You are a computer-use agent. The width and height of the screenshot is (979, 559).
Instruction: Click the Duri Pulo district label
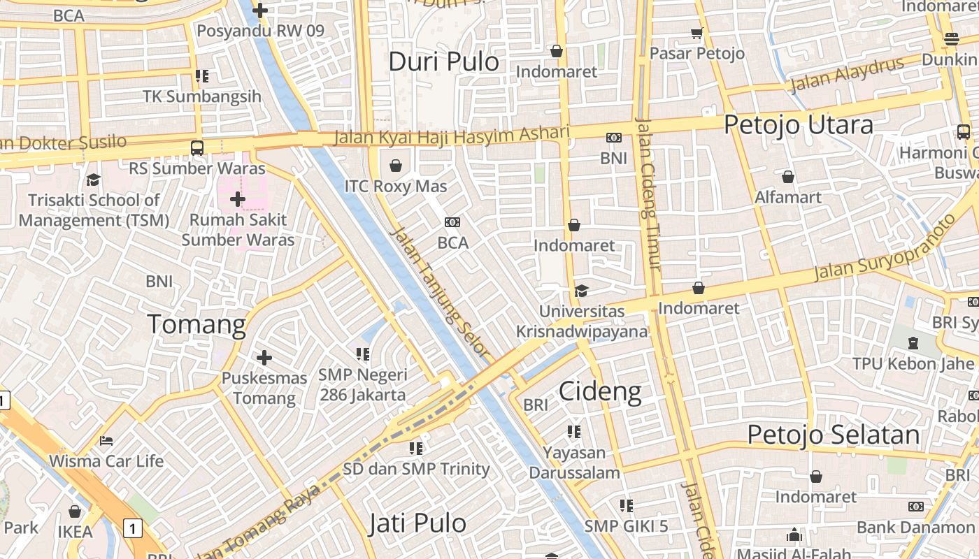tap(443, 61)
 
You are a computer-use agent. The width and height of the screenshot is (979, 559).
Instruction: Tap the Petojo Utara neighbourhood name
tap(798, 125)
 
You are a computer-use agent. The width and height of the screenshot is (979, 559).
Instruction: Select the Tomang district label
tap(196, 325)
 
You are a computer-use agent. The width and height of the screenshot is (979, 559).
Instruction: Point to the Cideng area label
tap(600, 392)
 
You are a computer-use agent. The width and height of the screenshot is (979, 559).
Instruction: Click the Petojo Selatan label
tap(834, 435)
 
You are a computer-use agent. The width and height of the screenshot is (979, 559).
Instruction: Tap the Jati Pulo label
tap(417, 523)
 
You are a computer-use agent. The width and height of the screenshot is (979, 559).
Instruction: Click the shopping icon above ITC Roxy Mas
tap(396, 166)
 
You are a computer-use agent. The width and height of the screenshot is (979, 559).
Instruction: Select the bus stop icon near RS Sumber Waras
tap(197, 147)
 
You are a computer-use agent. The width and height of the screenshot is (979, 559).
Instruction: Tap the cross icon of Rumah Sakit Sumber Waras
tap(238, 199)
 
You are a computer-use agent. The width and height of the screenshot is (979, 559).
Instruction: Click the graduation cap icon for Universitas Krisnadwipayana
tap(581, 291)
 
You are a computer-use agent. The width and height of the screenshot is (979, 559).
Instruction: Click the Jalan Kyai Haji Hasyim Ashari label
tap(452, 135)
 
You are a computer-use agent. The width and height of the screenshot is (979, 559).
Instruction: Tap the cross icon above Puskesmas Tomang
tap(264, 358)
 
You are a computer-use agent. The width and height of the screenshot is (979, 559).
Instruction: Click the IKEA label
tap(75, 532)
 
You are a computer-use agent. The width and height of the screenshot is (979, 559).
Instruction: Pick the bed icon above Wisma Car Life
tap(106, 441)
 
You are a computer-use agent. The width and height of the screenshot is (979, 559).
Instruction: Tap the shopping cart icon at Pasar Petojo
tap(696, 33)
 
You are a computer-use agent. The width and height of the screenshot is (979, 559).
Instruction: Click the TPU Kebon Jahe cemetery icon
tap(913, 343)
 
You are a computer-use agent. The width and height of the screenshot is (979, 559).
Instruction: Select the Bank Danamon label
tap(915, 527)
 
